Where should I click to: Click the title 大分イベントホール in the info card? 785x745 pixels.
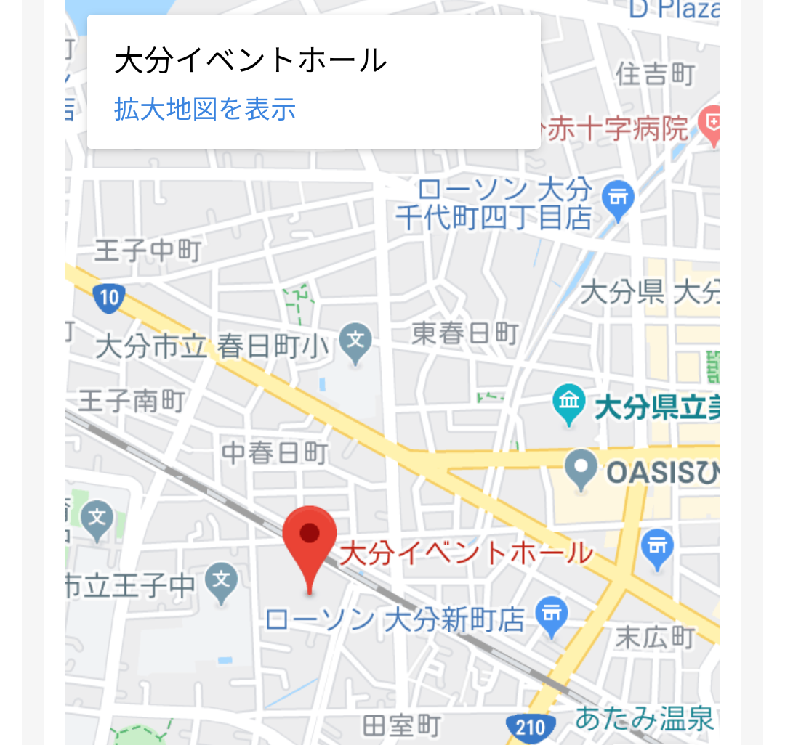[250, 61]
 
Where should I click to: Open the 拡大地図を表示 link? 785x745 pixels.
[205, 109]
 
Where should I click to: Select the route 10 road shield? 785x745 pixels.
[108, 297]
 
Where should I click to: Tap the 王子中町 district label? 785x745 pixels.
[148, 251]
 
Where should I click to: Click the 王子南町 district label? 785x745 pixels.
[131, 401]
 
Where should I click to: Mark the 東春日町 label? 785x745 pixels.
[464, 333]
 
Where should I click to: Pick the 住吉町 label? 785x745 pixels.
[655, 73]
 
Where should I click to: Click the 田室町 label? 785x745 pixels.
[401, 725]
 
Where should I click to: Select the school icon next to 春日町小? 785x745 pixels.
[355, 339]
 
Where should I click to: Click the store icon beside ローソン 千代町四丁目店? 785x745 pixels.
[619, 197]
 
